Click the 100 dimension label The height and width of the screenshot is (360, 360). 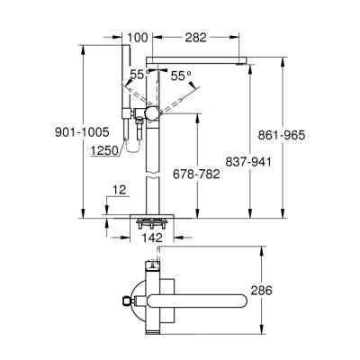tap(138, 39)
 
